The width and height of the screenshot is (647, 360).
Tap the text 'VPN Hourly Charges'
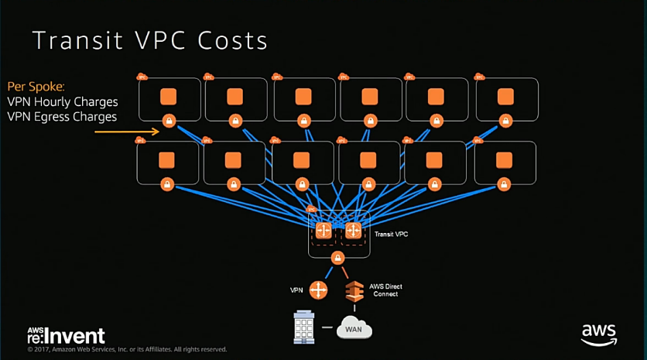click(x=63, y=101)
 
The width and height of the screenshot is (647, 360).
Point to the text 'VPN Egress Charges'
click(x=62, y=117)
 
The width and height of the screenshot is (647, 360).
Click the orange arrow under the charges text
click(x=128, y=132)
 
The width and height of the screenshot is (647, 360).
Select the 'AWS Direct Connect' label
click(x=385, y=291)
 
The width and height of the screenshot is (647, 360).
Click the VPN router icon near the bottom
click(x=318, y=290)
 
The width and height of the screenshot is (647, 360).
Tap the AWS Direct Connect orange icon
click(x=353, y=291)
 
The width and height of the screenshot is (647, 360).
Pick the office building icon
click(x=303, y=328)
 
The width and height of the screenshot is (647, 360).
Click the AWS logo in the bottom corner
click(x=599, y=333)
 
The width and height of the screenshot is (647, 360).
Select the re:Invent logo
click(x=66, y=335)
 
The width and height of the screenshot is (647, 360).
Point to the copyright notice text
click(x=128, y=349)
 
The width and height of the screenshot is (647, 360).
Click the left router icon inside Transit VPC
click(x=323, y=231)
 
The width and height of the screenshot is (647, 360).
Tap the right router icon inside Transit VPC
click(x=354, y=231)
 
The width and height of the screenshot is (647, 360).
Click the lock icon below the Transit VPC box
click(x=337, y=258)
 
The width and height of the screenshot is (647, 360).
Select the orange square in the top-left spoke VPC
click(x=169, y=97)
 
